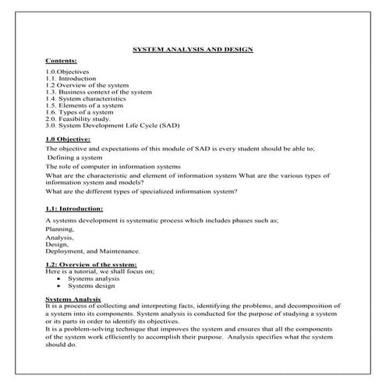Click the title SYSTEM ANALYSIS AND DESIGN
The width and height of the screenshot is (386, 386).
click(193, 48)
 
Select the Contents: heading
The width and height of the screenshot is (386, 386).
click(61, 59)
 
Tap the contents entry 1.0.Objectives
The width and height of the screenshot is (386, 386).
click(68, 72)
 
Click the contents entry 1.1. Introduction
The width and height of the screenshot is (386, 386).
click(71, 79)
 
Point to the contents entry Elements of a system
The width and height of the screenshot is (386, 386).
click(86, 106)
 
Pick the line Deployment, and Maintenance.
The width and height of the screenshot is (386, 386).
click(94, 251)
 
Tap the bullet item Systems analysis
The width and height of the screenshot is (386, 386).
click(93, 278)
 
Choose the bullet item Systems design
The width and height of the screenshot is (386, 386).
click(90, 285)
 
